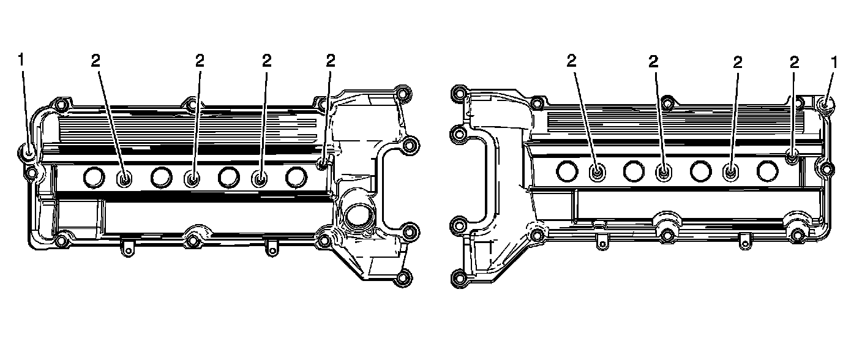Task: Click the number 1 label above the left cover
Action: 21,60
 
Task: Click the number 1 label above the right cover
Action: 834,62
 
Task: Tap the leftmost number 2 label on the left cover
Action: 96,61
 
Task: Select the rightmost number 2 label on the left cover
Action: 331,61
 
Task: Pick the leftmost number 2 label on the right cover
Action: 571,61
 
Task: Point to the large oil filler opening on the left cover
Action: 357,217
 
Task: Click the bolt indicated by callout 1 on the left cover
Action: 28,152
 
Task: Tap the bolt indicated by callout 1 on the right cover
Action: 825,105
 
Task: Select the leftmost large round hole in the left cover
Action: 94,178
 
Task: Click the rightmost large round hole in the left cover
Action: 296,177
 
